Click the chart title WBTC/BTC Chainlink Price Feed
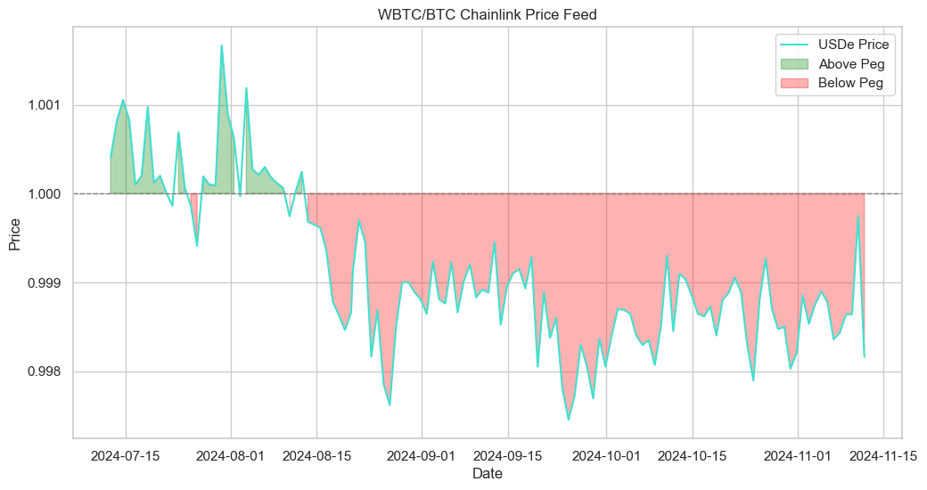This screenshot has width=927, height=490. [487, 14]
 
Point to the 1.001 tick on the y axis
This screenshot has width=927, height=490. [45, 105]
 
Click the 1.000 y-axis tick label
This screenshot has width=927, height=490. [45, 194]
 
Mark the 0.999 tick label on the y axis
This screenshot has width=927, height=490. [45, 283]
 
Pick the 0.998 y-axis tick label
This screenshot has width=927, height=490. [45, 372]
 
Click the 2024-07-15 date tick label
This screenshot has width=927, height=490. [126, 455]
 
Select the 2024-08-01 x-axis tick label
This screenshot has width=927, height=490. [232, 455]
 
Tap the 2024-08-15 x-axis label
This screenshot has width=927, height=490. [316, 455]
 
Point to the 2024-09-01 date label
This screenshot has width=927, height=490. [423, 455]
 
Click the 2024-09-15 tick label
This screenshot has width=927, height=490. [508, 455]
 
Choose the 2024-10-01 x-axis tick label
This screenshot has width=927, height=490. [606, 455]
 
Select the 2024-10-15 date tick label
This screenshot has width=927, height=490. [692, 455]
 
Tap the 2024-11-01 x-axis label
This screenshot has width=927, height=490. [798, 455]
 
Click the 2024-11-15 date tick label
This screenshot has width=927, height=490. [882, 455]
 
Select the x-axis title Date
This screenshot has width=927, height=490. [487, 474]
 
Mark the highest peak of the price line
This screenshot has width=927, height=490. [222, 45]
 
